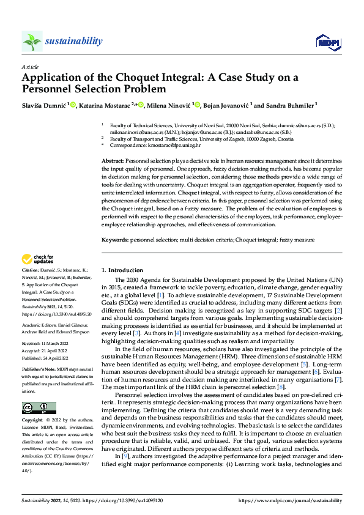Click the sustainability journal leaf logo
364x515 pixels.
(32, 41)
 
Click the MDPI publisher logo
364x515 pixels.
(327, 41)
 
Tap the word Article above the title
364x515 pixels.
(30, 67)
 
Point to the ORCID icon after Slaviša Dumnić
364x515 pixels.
(73, 105)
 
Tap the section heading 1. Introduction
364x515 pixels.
(122, 270)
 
